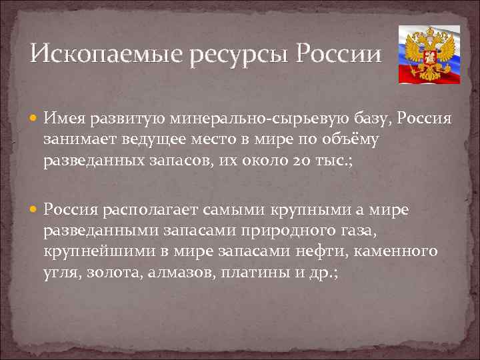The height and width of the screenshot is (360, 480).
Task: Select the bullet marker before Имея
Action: [x=35, y=119]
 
